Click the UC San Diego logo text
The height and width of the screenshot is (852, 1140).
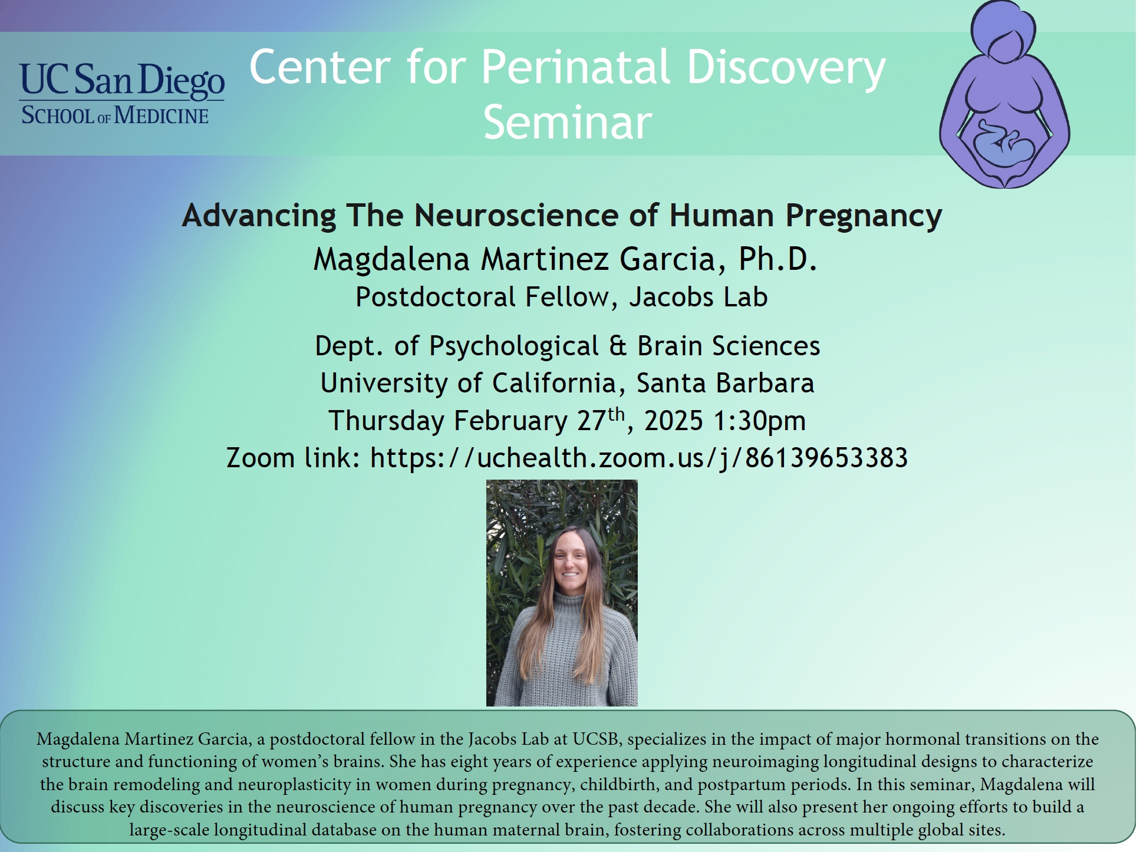(x=122, y=81)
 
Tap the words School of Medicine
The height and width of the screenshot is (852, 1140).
(x=115, y=115)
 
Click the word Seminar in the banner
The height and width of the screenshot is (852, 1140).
(x=568, y=123)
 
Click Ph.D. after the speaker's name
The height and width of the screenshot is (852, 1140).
(x=777, y=259)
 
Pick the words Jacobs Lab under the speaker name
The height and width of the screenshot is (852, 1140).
(x=699, y=297)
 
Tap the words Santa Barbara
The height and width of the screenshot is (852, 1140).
(x=725, y=383)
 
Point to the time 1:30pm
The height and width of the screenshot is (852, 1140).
(x=759, y=421)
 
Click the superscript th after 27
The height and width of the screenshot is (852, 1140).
(x=616, y=413)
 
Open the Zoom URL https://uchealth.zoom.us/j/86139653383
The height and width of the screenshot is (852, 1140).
(x=639, y=458)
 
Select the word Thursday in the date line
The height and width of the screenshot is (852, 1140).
(x=386, y=421)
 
